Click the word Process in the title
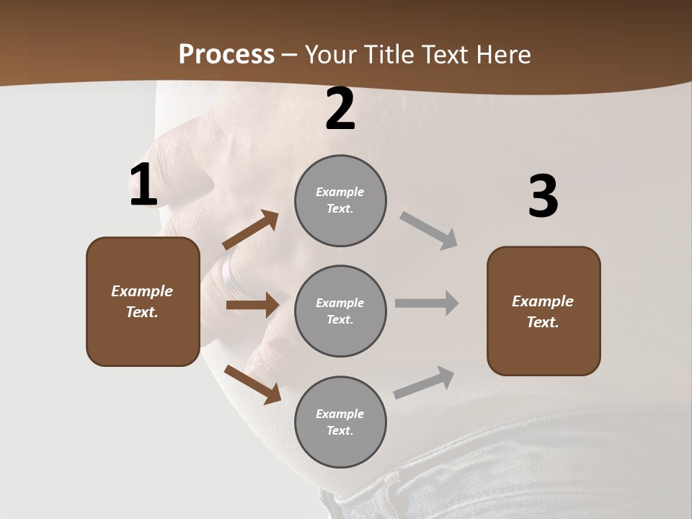226,55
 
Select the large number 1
143,185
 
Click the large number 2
340,109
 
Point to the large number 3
543,196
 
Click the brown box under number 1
143,301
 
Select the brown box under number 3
544,311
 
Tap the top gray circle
340,200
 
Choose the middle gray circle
340,311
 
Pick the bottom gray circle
340,422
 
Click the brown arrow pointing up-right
250,230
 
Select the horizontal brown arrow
252,305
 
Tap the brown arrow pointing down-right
253,384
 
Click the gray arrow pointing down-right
429,231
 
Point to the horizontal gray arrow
427,303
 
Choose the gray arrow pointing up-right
424,383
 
